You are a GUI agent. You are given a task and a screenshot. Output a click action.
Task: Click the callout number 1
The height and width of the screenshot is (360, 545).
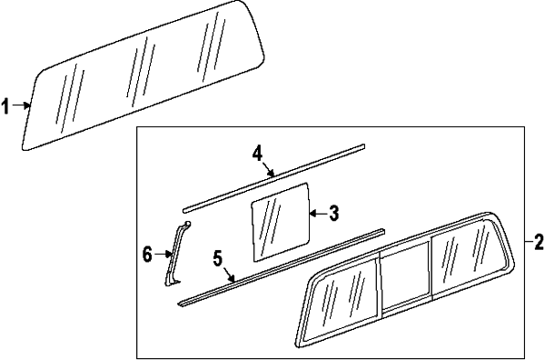tap(5, 106)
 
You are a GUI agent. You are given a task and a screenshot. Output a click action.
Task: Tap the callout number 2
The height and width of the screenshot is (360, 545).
tap(539, 242)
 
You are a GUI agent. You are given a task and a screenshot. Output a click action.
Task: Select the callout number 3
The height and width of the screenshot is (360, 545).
tap(333, 214)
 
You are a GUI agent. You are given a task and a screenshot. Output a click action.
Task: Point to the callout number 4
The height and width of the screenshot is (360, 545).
tap(257, 154)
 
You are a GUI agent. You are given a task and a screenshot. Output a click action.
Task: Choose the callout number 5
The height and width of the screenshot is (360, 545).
tap(218, 258)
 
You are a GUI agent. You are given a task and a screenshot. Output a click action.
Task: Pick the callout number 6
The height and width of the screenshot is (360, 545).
tap(147, 255)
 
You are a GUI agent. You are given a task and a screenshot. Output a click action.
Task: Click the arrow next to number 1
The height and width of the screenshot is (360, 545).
tap(21, 105)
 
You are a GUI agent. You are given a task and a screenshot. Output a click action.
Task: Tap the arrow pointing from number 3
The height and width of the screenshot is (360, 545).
tap(318, 214)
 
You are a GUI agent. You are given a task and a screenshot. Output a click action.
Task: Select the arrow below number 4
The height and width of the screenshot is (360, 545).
tap(268, 169)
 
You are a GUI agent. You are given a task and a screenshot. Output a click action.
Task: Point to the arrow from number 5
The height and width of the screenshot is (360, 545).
tap(229, 274)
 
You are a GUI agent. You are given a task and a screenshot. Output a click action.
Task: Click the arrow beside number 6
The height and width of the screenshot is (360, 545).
tap(163, 255)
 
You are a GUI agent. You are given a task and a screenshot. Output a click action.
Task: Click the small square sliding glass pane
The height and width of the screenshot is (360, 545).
tap(280, 222)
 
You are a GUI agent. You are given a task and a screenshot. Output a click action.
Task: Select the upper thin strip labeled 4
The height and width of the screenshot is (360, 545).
tap(274, 178)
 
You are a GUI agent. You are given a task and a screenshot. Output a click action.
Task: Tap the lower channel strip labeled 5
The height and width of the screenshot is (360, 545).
tap(282, 267)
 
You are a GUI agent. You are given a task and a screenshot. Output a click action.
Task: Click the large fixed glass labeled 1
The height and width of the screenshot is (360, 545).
tap(143, 75)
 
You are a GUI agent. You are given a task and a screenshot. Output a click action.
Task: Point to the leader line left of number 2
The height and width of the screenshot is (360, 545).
tap(529, 241)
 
